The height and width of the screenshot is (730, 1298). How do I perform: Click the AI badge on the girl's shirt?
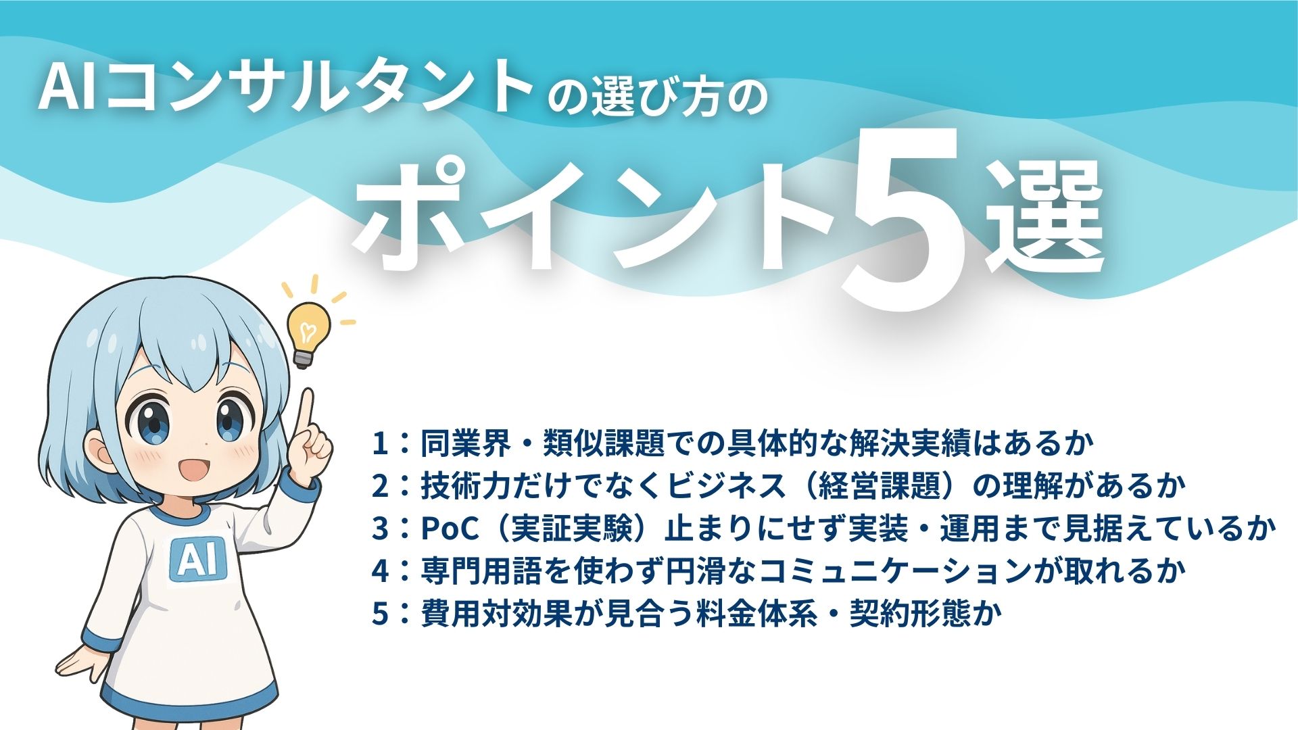pyautogui.click(x=195, y=560)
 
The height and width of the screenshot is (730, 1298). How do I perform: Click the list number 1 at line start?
pyautogui.click(x=380, y=444)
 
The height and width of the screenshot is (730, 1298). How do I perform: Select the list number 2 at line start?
pyautogui.click(x=380, y=487)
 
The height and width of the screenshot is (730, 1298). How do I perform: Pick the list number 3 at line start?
pyautogui.click(x=380, y=529)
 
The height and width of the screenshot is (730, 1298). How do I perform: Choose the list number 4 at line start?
pyautogui.click(x=380, y=572)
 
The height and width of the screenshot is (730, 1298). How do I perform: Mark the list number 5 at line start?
pyautogui.click(x=380, y=614)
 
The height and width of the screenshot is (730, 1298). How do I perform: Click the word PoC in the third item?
pyautogui.click(x=450, y=529)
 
